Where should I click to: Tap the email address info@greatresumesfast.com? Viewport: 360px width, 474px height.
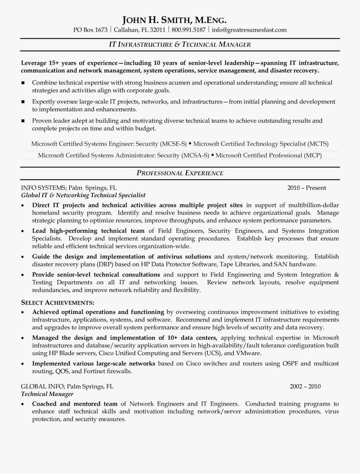[249, 30]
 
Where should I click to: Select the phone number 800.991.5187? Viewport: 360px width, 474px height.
[189, 30]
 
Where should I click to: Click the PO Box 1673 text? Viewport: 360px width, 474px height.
[90, 30]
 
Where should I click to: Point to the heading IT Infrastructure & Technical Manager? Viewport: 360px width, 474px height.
[180, 44]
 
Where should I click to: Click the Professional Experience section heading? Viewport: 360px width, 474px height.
[180, 173]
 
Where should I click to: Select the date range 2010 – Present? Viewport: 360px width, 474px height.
[306, 188]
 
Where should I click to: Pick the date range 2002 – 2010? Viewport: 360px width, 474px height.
[305, 386]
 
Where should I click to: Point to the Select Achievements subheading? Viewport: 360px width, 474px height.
[58, 302]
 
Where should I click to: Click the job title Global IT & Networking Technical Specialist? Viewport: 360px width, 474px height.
[83, 195]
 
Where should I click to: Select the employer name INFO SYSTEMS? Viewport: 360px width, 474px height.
[43, 188]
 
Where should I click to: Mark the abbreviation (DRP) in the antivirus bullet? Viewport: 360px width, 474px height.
[105, 264]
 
